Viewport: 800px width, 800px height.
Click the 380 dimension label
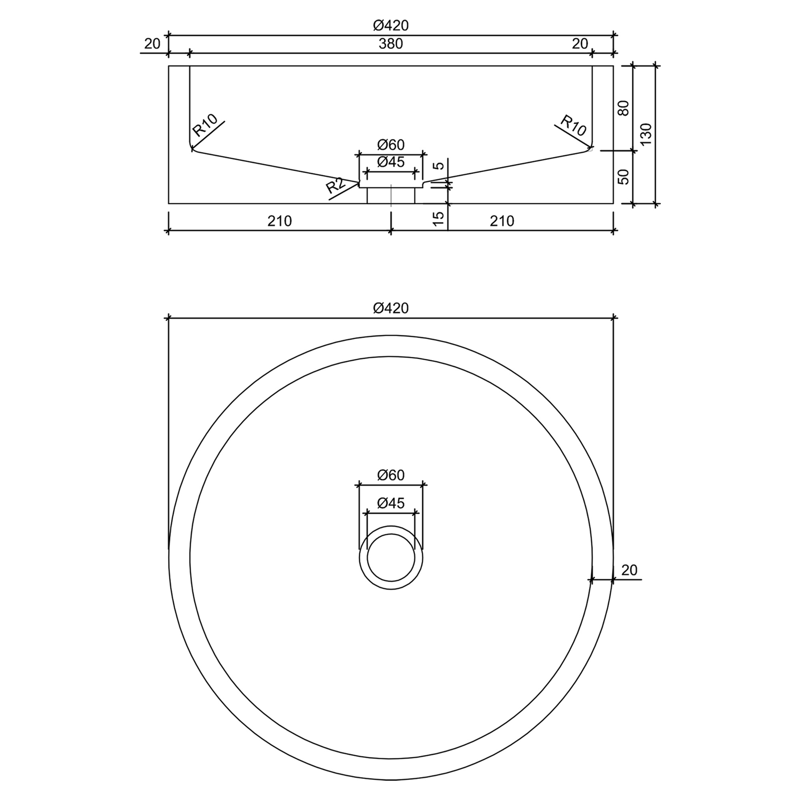[x=390, y=44]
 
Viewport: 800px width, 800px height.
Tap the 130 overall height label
[x=646, y=134]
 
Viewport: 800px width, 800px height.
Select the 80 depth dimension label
[x=624, y=108]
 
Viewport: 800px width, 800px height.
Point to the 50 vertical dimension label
[x=624, y=177]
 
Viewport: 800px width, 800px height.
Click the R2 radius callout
[x=336, y=185]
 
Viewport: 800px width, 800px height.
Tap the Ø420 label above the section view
[x=390, y=26]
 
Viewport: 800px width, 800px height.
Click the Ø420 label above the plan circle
[x=390, y=308]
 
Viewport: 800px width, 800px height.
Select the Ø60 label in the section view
[x=390, y=145]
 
